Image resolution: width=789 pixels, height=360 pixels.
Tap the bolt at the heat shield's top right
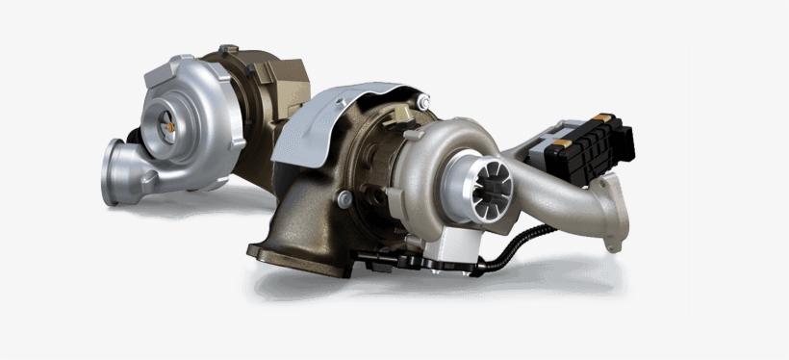(x=423, y=101)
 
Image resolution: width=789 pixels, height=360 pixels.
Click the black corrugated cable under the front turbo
(x=520, y=241)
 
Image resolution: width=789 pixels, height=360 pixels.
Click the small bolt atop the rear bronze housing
(x=224, y=48)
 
